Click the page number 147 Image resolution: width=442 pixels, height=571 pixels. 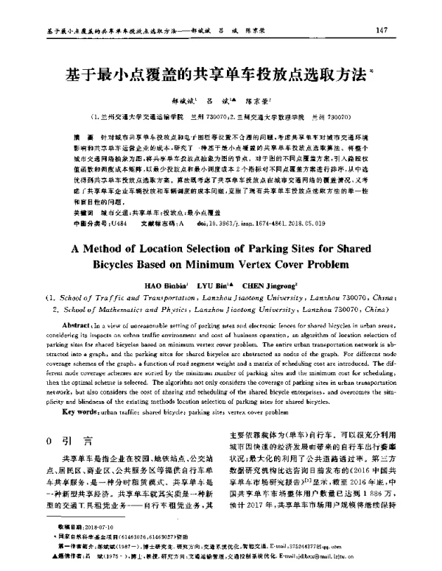(x=382, y=30)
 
